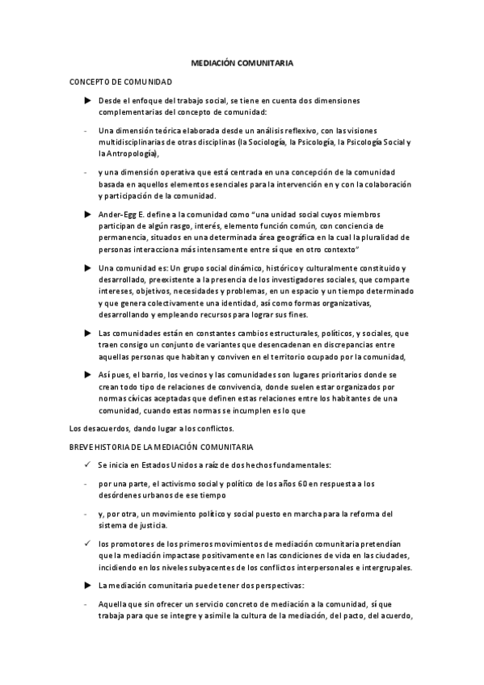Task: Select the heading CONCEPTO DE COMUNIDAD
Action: pyautogui.click(x=120, y=82)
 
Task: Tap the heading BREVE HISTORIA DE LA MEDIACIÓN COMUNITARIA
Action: pyautogui.click(x=162, y=446)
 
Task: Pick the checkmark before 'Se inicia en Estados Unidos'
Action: pyautogui.click(x=87, y=464)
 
